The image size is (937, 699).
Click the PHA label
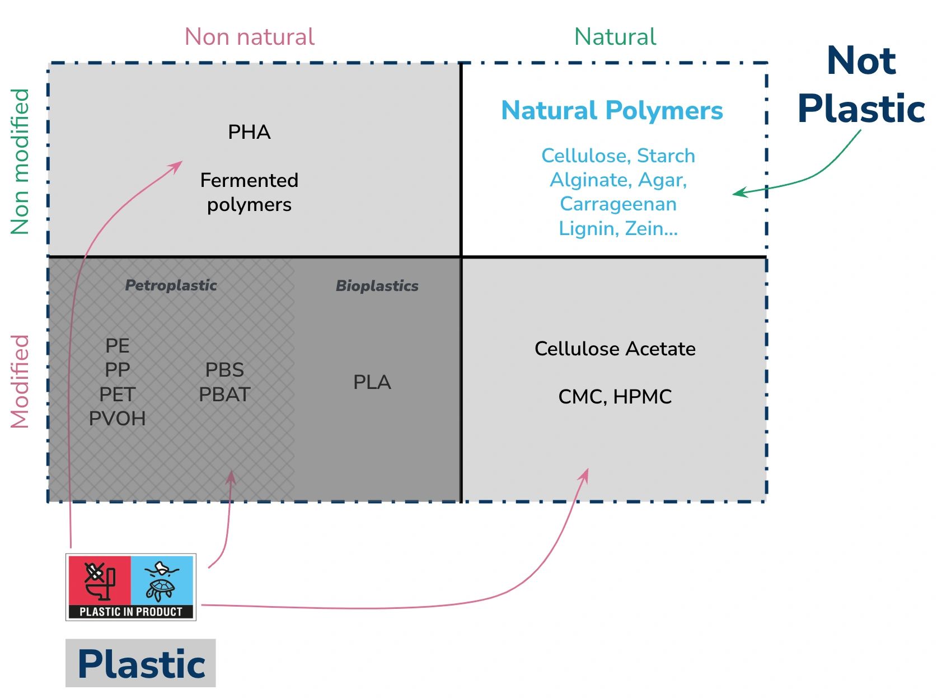[x=249, y=132]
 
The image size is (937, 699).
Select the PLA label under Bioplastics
[x=372, y=382]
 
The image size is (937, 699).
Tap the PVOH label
[x=117, y=419]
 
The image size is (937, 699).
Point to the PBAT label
[x=224, y=395]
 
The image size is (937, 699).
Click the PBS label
[x=224, y=370]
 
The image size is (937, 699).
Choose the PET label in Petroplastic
[x=117, y=395]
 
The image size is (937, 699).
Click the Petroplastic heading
[x=171, y=285]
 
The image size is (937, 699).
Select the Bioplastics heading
[x=377, y=286]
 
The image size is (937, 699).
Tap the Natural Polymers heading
[x=612, y=110]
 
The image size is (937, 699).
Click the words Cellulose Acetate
[x=615, y=349]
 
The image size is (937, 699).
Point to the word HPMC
[x=642, y=397]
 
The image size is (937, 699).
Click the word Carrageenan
[x=618, y=204]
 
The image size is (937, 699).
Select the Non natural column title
[x=249, y=37]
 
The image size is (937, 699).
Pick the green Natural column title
[x=615, y=37]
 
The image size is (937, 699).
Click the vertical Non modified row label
[x=20, y=161]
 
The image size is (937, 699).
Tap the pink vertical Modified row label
[x=20, y=381]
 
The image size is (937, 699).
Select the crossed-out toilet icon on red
[x=100, y=580]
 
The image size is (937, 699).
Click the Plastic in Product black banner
[x=131, y=612]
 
